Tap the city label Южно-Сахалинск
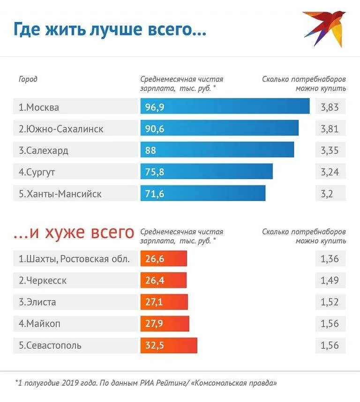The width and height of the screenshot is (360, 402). [61, 128]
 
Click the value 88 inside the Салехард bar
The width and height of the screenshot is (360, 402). [150, 150]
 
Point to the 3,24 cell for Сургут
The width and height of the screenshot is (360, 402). [330, 172]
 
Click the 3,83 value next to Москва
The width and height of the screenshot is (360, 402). [330, 107]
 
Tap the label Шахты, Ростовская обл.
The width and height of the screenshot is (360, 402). [74, 259]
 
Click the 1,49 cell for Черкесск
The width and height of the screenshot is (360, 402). [330, 280]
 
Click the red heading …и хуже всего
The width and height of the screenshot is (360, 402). [74, 232]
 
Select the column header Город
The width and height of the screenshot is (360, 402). [28, 79]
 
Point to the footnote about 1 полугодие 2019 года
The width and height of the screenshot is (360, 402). [145, 383]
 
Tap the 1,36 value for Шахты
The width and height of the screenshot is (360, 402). [330, 259]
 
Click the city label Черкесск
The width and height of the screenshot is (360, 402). [43, 281]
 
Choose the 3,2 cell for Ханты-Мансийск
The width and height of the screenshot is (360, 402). [327, 194]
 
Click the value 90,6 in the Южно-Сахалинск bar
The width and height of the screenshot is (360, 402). [155, 128]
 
